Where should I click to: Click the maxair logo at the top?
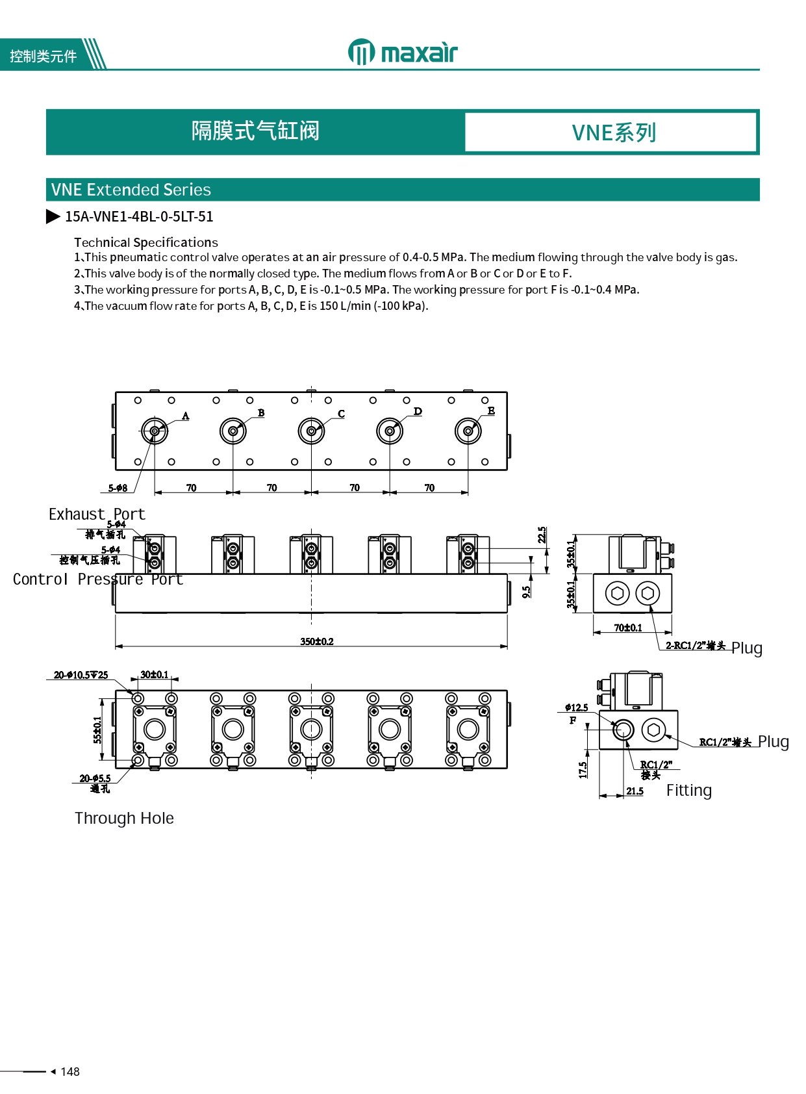coord(403,52)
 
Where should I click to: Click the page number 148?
coord(69,1071)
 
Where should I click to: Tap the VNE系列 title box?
coord(612,133)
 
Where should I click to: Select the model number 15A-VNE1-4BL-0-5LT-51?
coord(138,216)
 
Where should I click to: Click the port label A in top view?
coord(186,416)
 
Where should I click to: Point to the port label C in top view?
coord(342,414)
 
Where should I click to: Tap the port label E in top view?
coord(491,411)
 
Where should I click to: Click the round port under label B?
coord(233,431)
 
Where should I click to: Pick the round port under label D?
coord(390,431)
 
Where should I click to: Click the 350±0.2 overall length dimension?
coord(317,641)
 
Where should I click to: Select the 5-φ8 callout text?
coord(118,488)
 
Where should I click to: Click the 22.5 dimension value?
coord(542,535)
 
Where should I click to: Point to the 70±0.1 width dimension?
coord(628,628)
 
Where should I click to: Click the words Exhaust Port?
coord(97,515)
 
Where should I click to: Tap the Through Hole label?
coord(124,818)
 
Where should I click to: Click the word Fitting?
coord(688,791)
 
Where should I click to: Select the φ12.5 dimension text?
coord(577,707)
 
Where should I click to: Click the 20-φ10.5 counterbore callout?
coord(81,675)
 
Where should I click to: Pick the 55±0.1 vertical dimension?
coord(97,729)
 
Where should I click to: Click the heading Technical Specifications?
coord(146,242)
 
